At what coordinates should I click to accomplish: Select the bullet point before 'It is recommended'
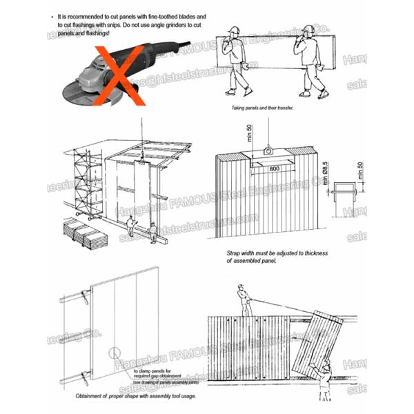tap(53, 15)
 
